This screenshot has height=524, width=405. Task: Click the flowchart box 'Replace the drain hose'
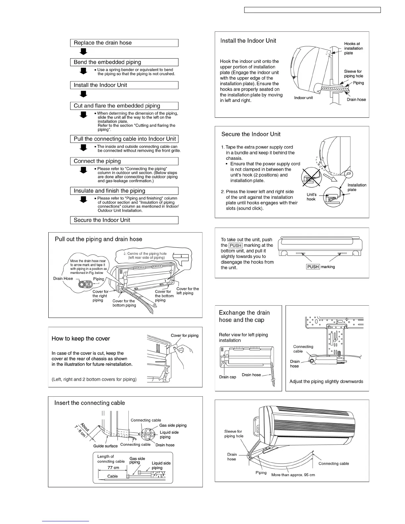tap(124, 43)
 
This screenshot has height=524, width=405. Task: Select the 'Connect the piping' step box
tap(124, 161)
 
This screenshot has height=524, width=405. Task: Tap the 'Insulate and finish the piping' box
tap(124, 191)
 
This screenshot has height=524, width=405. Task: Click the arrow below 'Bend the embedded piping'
tap(84, 71)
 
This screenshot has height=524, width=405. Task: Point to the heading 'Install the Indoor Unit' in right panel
tap(248, 41)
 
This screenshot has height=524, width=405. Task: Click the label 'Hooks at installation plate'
tap(353, 48)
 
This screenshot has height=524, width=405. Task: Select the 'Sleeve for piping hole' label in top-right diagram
tap(353, 73)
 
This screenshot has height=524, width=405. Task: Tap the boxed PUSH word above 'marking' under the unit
tap(313, 267)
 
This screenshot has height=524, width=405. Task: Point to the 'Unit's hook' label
tap(311, 197)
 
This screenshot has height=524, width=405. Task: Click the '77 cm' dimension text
tap(113, 468)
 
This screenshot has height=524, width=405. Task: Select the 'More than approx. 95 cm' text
tap(293, 475)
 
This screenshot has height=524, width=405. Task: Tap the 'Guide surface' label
tap(105, 446)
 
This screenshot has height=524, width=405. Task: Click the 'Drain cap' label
tap(228, 377)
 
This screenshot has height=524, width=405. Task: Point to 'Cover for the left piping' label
tap(187, 291)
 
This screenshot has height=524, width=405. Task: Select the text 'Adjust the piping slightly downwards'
tap(326, 381)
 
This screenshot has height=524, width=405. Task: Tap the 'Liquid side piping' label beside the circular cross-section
tap(169, 434)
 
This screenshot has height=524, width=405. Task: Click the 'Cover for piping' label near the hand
tap(184, 335)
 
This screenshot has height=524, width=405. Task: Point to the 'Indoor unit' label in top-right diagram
tap(303, 98)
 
